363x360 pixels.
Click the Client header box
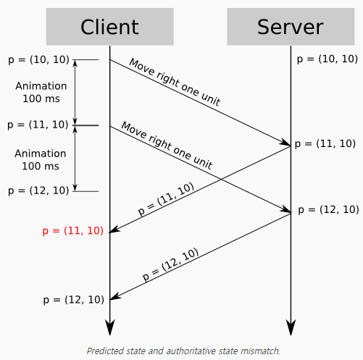(x=109, y=27)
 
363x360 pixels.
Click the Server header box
(x=290, y=27)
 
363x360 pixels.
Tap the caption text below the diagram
(x=183, y=351)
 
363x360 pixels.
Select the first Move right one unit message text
(x=174, y=83)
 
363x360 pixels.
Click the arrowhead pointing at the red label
(x=114, y=230)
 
